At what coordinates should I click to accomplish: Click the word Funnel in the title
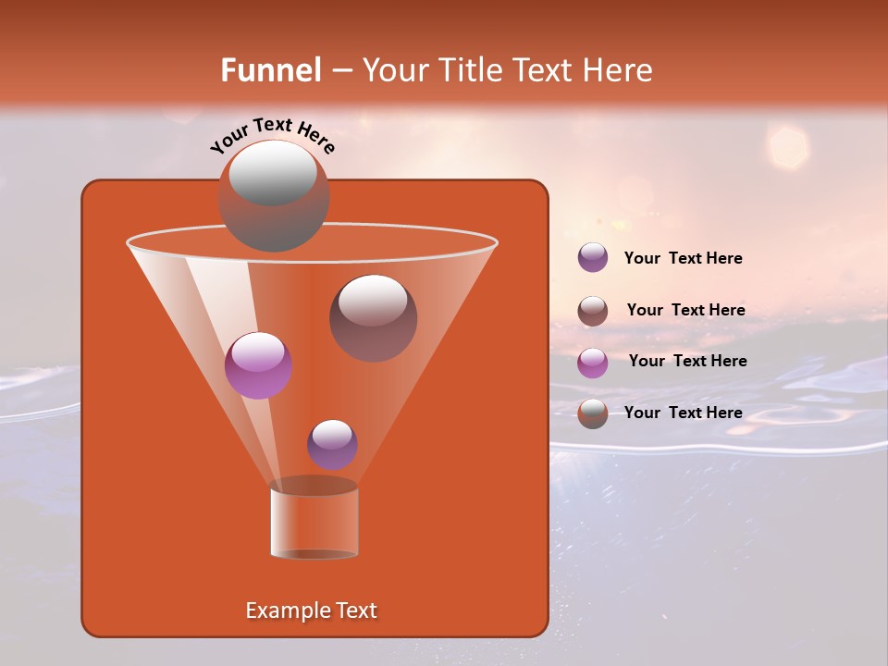[x=270, y=70]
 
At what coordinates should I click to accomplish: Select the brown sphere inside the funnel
[x=373, y=318]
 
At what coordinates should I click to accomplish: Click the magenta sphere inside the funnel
[x=258, y=365]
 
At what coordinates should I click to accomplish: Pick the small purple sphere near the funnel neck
[x=332, y=445]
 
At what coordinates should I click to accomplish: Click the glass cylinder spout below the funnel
[x=314, y=524]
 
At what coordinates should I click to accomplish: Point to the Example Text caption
[x=312, y=610]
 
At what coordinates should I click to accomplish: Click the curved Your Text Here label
[x=273, y=135]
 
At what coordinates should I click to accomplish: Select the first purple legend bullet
[x=593, y=258]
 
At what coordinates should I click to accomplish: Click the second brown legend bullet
[x=593, y=311]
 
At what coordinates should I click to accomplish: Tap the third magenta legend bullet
[x=593, y=363]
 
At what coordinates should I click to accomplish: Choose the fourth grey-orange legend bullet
[x=593, y=413]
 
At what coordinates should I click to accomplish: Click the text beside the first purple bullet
[x=683, y=259]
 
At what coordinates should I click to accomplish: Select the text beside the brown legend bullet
[x=685, y=311]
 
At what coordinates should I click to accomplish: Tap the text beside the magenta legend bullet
[x=687, y=362]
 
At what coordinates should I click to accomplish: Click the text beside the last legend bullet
[x=683, y=413]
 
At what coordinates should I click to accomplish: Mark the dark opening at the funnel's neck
[x=314, y=486]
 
